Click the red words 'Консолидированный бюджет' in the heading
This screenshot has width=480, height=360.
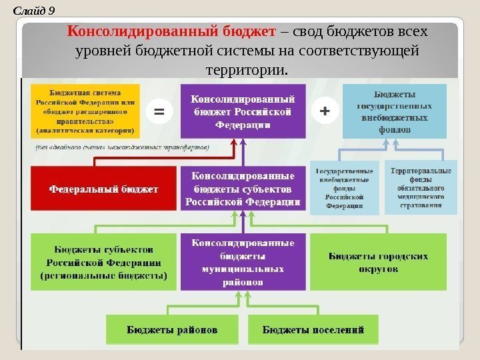(x=172, y=32)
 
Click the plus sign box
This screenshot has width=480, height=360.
(x=325, y=111)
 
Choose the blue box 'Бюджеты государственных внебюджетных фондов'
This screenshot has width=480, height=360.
(x=394, y=111)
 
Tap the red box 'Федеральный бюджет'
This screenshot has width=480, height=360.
(x=103, y=189)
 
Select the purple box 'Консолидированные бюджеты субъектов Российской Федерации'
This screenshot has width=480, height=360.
(x=243, y=189)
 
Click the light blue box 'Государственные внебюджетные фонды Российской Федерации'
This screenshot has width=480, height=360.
(x=345, y=188)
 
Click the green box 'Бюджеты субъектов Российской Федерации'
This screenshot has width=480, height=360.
(x=103, y=261)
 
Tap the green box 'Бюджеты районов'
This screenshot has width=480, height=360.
(x=172, y=329)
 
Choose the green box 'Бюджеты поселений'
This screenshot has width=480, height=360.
(x=313, y=329)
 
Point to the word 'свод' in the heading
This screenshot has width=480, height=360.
(x=307, y=32)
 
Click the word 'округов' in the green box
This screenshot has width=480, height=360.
(x=378, y=269)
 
